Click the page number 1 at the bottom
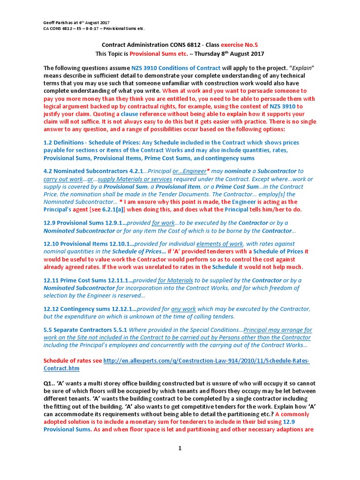coord(179,448)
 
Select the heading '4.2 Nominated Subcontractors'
coord(84,171)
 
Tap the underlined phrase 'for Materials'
coord(175,280)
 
